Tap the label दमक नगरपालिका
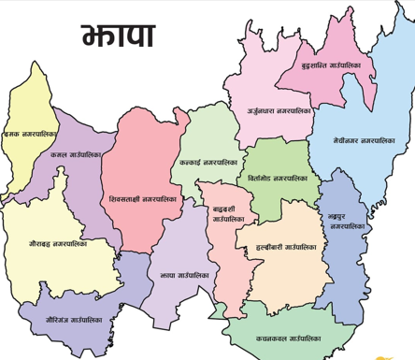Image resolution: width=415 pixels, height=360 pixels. (28, 136)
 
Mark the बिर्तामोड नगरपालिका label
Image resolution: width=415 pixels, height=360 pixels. (279, 178)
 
